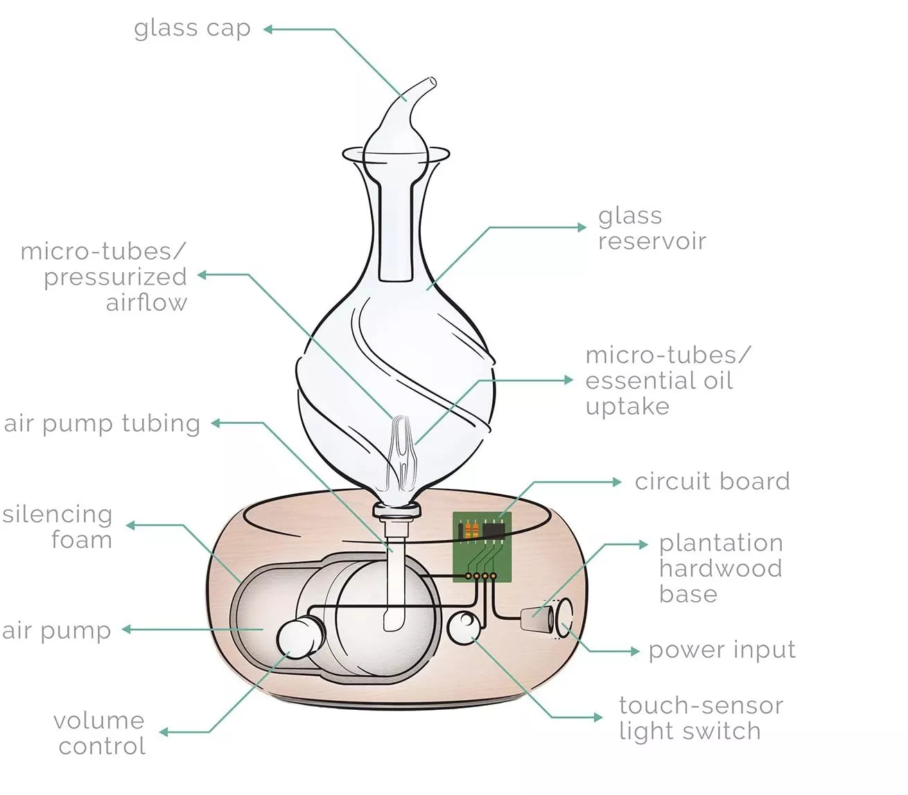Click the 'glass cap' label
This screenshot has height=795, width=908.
pos(192,29)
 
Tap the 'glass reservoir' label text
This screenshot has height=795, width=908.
pos(652,229)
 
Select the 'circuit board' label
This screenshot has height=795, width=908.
pos(712,481)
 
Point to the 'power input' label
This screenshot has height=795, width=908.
pos(722,650)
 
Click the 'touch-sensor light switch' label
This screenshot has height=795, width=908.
pos(700,718)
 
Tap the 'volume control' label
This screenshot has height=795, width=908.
pos(100,733)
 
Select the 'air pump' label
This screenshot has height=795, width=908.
pos(56,630)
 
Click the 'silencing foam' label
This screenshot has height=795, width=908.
pos(58,526)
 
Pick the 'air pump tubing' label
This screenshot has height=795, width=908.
pos(102,423)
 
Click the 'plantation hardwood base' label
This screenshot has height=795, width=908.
pos(720,568)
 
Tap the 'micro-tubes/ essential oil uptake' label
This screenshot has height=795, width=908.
pos(667,380)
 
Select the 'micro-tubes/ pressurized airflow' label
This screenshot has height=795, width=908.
pos(104,276)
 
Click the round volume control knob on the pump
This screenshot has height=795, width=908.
pos(299,638)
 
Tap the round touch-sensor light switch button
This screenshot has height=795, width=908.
pos(463,627)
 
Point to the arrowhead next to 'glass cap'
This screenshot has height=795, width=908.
pos(268,29)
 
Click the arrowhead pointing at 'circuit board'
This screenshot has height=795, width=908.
pos(616,482)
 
